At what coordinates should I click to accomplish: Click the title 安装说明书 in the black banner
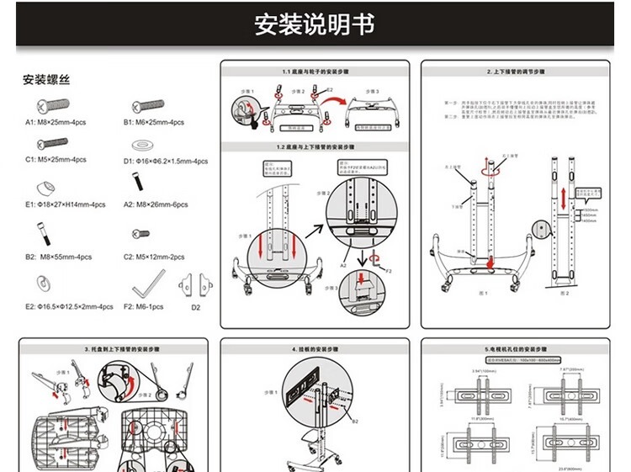point(315,24)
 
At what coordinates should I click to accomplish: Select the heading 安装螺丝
point(45,80)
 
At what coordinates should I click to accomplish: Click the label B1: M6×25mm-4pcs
point(154,123)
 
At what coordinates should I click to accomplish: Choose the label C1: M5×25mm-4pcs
point(56,159)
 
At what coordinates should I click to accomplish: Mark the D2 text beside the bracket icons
point(195,307)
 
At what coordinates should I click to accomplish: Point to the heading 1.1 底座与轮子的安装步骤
point(315,72)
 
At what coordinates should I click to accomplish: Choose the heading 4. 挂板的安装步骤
point(315,348)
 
